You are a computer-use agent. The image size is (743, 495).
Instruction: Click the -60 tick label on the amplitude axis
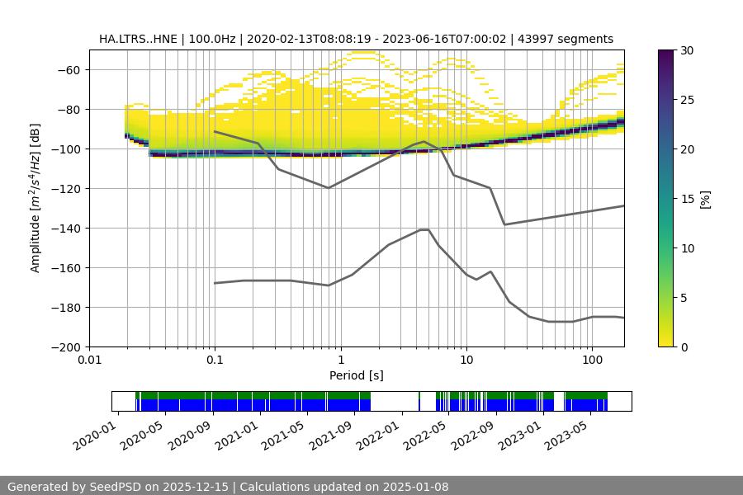tap(68, 69)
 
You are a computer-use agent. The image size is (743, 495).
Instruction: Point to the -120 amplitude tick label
tap(64, 188)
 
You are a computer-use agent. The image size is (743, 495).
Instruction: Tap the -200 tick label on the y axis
tap(64, 346)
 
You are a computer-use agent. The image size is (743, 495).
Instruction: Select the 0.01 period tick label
tap(89, 361)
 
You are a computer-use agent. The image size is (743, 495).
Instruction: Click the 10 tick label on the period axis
tap(466, 361)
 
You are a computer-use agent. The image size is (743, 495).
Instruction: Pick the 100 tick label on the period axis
tap(592, 361)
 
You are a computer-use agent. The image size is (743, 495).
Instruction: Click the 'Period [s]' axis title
tap(356, 375)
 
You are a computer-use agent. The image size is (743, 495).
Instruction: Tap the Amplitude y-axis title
tap(35, 198)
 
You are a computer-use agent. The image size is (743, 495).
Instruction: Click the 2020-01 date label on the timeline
tap(93, 436)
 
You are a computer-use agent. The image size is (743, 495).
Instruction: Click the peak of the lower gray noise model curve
tap(424, 229)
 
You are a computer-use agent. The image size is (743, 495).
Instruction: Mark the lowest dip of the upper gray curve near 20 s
tap(504, 224)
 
